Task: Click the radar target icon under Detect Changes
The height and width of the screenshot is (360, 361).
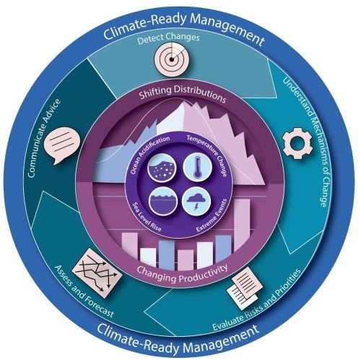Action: pos(171,58)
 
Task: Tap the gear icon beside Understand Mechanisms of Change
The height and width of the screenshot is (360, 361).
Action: pos(297,143)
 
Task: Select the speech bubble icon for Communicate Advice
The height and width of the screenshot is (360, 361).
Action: pos(63,145)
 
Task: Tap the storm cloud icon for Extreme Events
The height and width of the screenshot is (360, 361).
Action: pos(196,201)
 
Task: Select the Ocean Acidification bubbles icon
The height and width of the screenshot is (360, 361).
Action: pos(162,167)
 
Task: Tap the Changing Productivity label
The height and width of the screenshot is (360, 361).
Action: pos(182,274)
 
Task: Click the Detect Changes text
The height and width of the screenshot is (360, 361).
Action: pos(168,38)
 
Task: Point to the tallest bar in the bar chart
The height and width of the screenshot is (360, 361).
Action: pos(242,226)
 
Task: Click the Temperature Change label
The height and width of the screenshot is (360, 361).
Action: pos(208,154)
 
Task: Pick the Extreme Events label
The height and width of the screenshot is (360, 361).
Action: pos(212,215)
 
